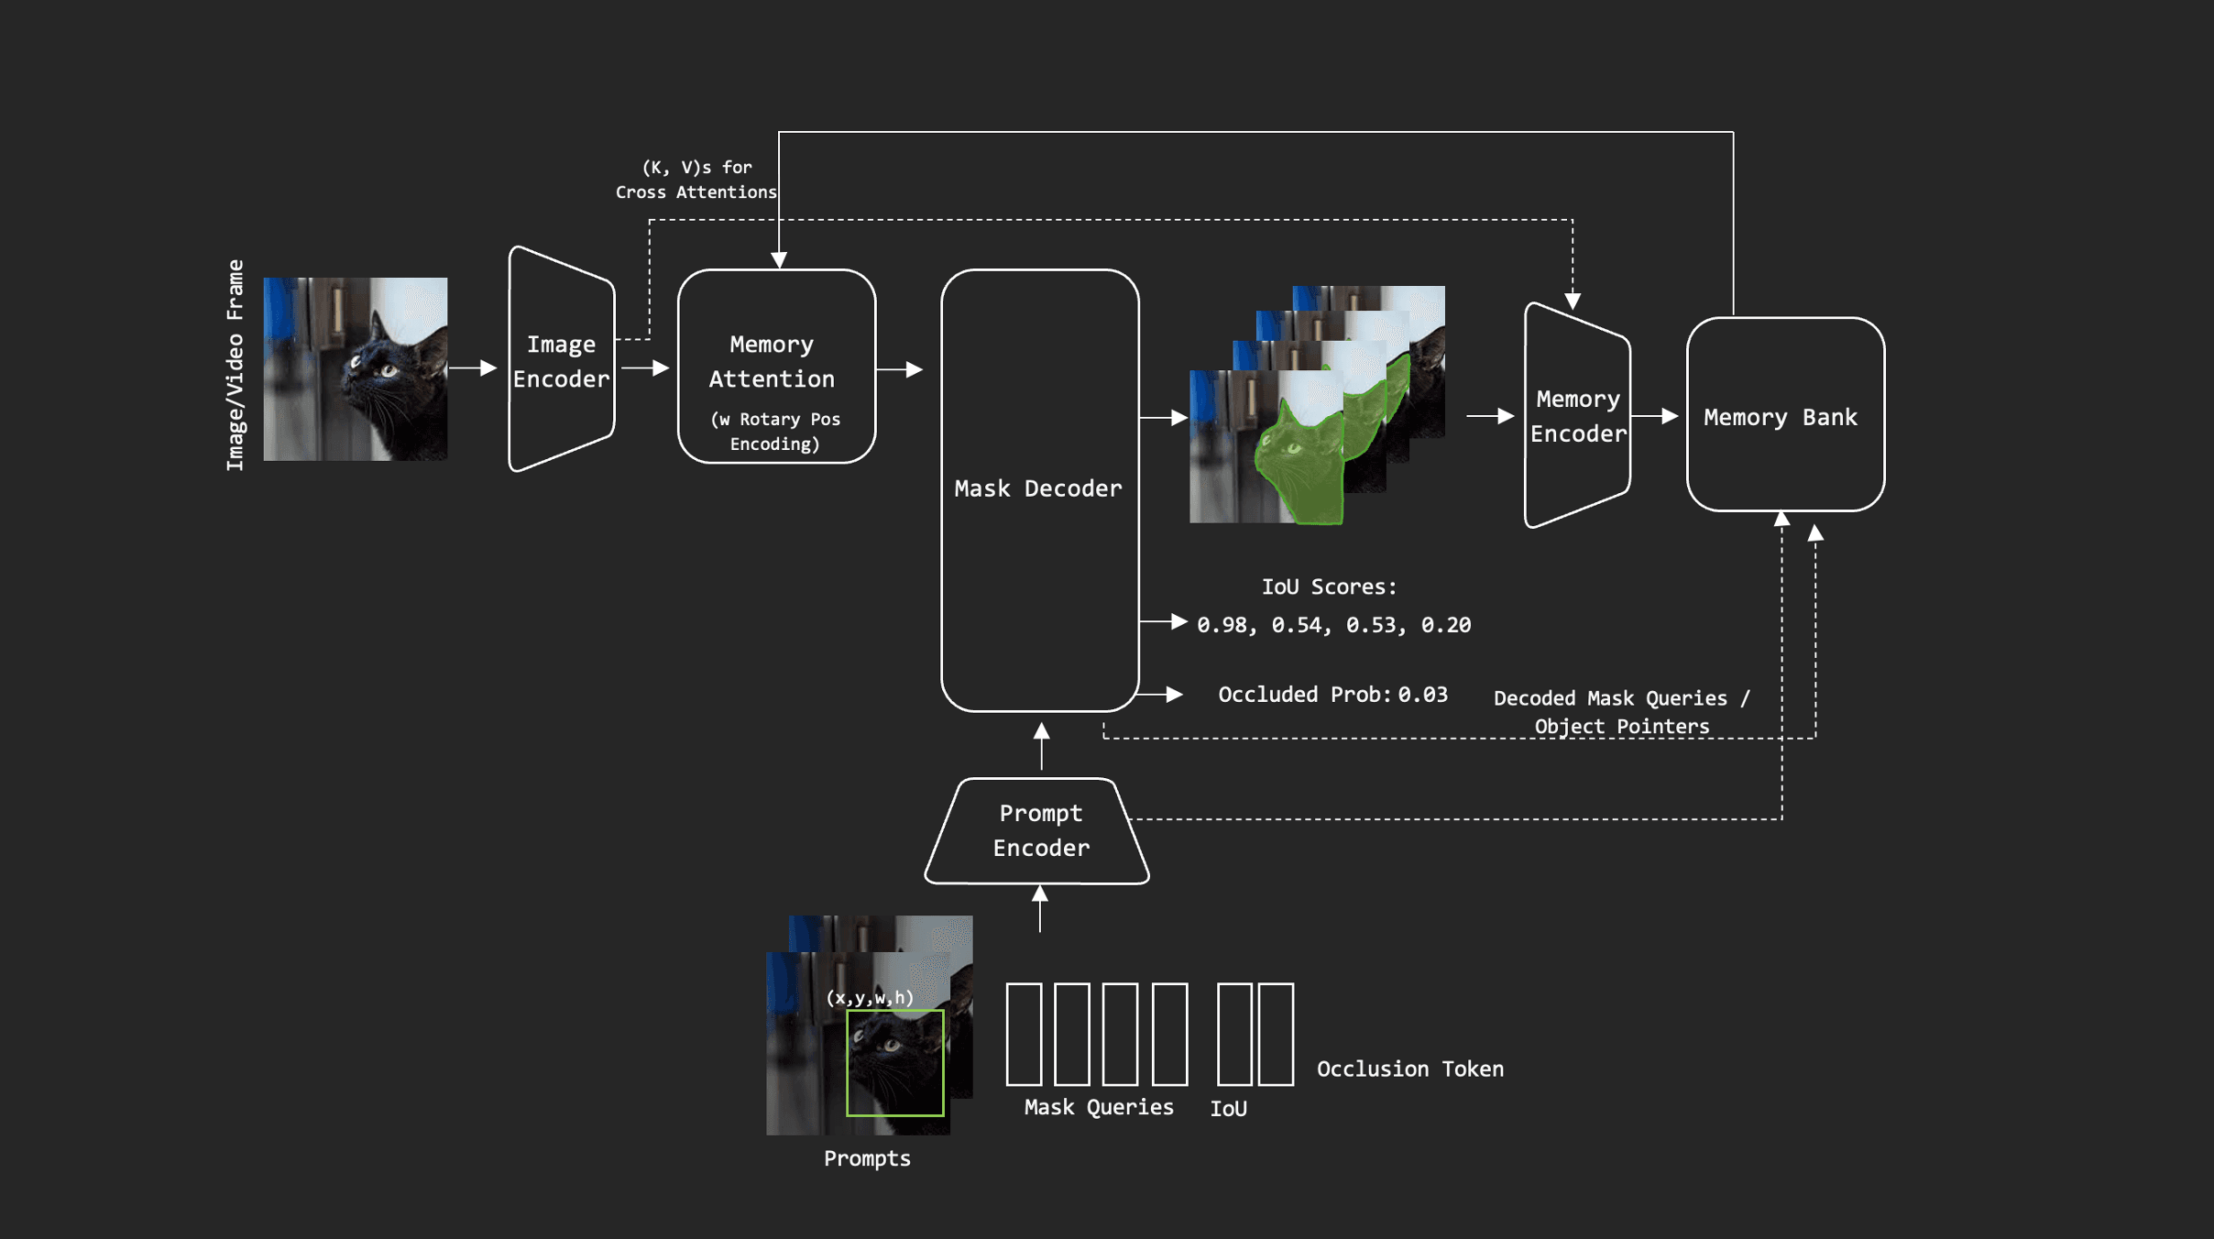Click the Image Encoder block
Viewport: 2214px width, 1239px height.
tap(561, 360)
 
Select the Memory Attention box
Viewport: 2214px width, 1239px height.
tap(775, 367)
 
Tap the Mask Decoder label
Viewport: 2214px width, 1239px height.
tap(1037, 488)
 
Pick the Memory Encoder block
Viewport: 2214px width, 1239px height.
tap(1577, 416)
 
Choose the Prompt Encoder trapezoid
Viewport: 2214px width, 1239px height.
tap(1039, 830)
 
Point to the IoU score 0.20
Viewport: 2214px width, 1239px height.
tap(1445, 625)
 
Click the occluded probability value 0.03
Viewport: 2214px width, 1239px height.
tap(1422, 695)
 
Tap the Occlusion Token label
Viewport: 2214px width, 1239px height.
tap(1409, 1069)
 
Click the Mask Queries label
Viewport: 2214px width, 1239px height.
tap(1098, 1107)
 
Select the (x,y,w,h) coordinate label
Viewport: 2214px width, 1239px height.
tap(869, 997)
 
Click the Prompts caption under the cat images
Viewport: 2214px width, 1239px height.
tap(867, 1158)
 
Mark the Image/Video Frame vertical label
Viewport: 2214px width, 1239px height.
tap(236, 365)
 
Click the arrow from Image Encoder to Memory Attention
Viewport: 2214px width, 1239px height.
tap(645, 367)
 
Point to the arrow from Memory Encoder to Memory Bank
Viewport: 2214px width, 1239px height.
tap(1655, 416)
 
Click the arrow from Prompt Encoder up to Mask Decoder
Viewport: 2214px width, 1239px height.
tap(1041, 746)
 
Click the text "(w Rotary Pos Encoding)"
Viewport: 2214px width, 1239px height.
tap(775, 432)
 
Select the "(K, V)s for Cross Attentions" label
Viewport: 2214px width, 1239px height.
tap(696, 180)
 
